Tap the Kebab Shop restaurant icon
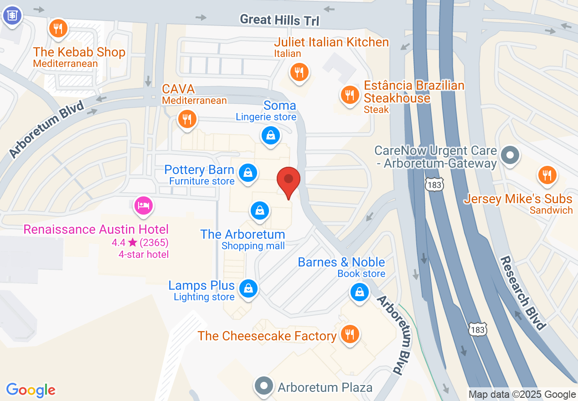coord(58,29)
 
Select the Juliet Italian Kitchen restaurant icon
coord(299,72)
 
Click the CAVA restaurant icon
coord(187,119)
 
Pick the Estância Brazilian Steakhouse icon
coord(350,95)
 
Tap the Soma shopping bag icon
coord(270,135)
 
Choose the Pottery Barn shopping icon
coord(248,173)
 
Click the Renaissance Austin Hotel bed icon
coord(143,206)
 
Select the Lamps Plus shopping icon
coord(248,288)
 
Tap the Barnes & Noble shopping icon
coord(360,292)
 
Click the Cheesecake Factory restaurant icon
coord(350,334)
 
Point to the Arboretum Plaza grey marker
coord(263,386)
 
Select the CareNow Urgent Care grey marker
coord(510,155)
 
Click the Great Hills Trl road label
coord(280,20)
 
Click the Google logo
coord(31,390)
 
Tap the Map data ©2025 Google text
coord(522,395)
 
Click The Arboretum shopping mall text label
coord(243,234)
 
